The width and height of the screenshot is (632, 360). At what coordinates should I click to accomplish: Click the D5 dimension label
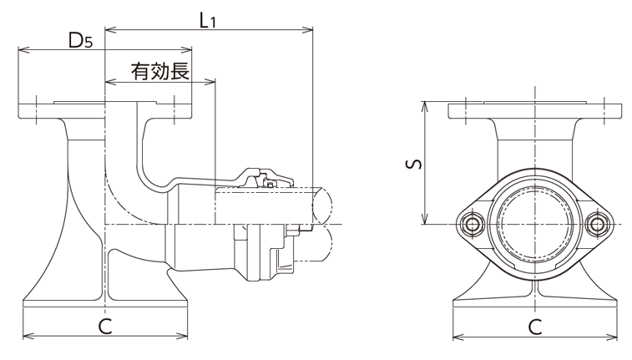click(x=80, y=40)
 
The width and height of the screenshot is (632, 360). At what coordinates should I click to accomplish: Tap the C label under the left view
click(x=105, y=326)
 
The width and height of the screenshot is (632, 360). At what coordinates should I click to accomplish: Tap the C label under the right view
click(x=534, y=326)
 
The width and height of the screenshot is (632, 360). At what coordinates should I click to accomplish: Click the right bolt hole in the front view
click(x=595, y=224)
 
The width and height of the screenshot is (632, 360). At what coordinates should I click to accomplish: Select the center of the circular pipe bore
click(x=534, y=223)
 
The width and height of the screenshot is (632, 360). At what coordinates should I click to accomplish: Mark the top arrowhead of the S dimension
click(x=426, y=104)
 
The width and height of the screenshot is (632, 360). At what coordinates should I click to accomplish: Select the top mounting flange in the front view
click(x=534, y=111)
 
